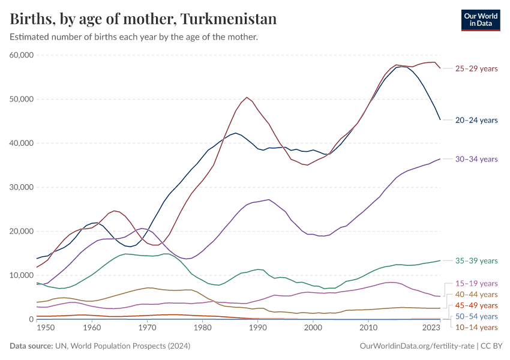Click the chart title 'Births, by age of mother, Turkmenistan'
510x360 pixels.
coord(143,19)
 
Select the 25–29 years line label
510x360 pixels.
coord(476,68)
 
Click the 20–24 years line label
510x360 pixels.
coord(476,120)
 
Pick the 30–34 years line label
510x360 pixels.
coord(476,159)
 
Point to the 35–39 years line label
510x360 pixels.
coord(476,261)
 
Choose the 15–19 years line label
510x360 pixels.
coord(476,283)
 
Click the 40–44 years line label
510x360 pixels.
coord(476,294)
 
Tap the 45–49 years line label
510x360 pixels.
coord(476,305)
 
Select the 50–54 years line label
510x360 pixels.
coord(476,316)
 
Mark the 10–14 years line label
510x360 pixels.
coord(476,327)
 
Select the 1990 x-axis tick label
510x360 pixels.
coord(257,328)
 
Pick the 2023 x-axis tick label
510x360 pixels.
coord(431,328)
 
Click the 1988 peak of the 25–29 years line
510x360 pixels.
coord(247,97)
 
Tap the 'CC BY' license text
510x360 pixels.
coord(493,346)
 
